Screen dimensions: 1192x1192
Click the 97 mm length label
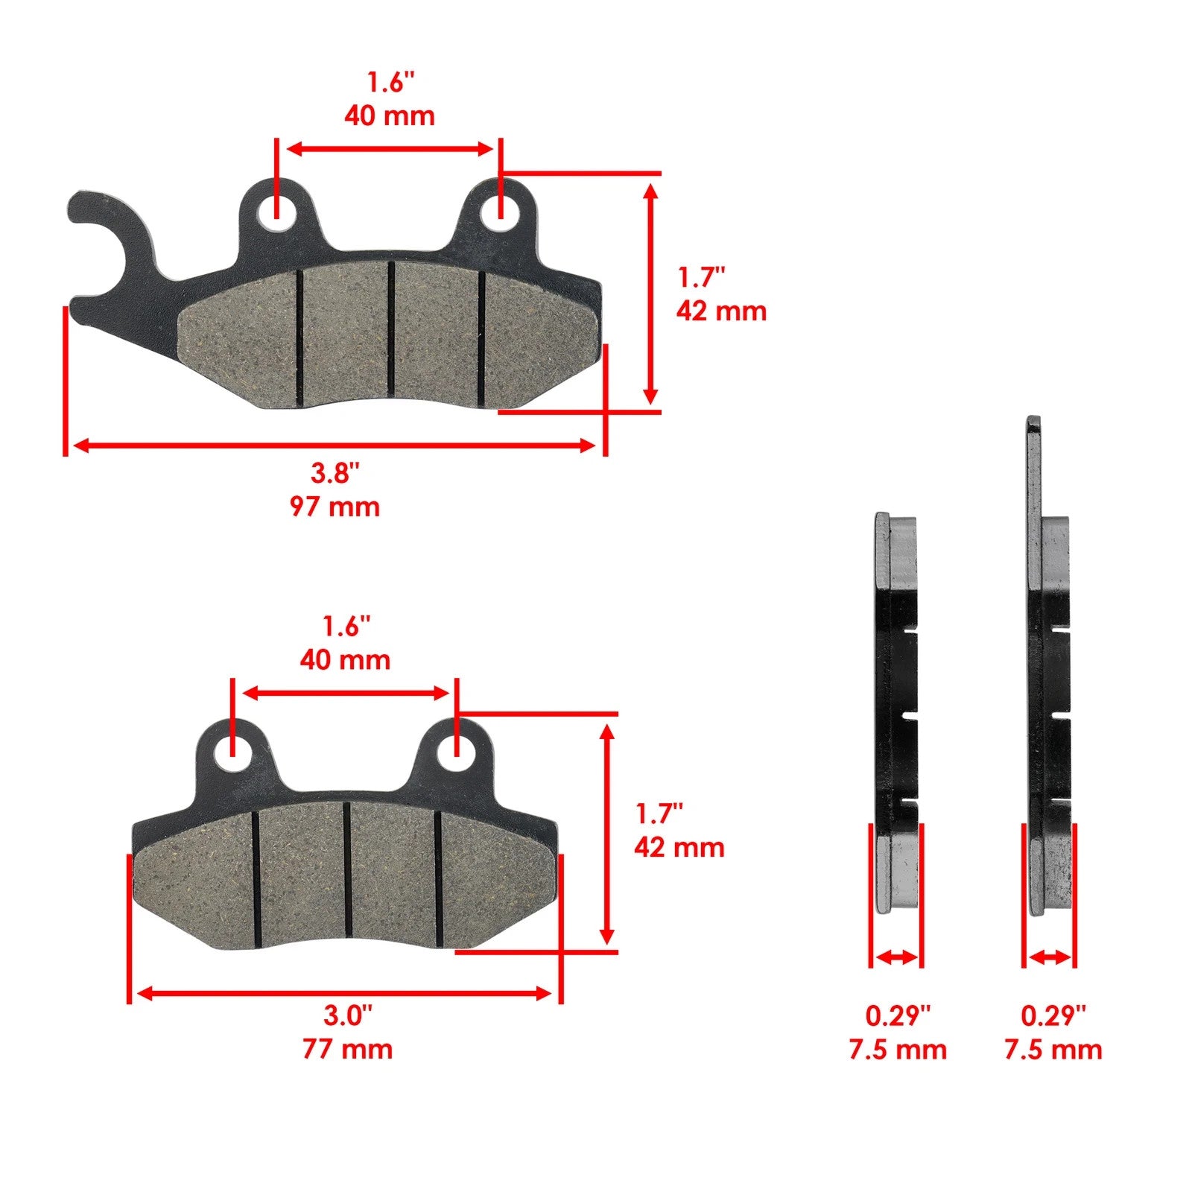pyautogui.click(x=335, y=507)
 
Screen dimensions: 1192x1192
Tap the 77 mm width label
pyautogui.click(x=347, y=1049)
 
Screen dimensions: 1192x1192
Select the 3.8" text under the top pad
pyautogui.click(x=335, y=472)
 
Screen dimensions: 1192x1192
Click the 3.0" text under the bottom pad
pyautogui.click(x=347, y=1014)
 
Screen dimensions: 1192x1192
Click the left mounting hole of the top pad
pyautogui.click(x=276, y=212)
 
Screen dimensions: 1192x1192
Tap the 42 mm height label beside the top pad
pyautogui.click(x=721, y=311)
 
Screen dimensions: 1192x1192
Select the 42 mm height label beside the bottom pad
pyautogui.click(x=679, y=847)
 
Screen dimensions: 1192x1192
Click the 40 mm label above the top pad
pyautogui.click(x=389, y=115)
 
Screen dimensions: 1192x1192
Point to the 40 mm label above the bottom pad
pyautogui.click(x=345, y=659)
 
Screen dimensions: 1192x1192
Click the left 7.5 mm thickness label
pyautogui.click(x=898, y=1050)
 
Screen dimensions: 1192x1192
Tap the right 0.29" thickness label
pyautogui.click(x=1053, y=1015)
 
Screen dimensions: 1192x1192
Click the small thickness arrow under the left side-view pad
pyautogui.click(x=896, y=957)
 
